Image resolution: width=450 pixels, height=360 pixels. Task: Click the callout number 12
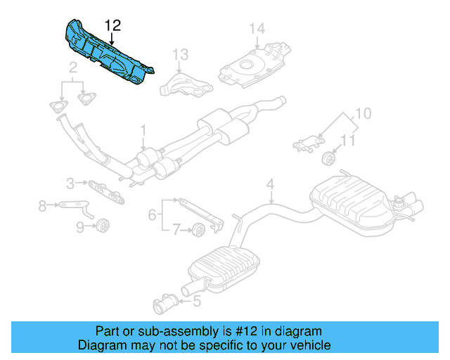(112, 26)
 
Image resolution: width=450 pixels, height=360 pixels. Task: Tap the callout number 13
(181, 54)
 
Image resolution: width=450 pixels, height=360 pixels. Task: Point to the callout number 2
(72, 68)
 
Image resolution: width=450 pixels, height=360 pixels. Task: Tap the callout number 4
(270, 186)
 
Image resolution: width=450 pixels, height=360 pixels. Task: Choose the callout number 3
(70, 184)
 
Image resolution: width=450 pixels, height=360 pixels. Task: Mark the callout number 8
(41, 205)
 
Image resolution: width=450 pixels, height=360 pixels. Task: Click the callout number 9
(79, 226)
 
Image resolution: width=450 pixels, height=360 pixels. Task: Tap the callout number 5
(196, 302)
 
